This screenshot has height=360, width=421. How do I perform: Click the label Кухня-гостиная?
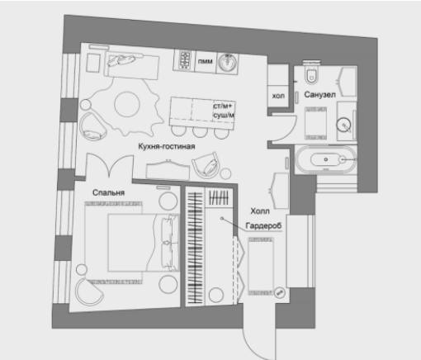coord(167,146)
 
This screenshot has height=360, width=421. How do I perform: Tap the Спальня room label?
coord(108,192)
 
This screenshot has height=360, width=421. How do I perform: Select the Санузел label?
coord(319,95)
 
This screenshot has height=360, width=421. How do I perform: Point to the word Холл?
coord(260,211)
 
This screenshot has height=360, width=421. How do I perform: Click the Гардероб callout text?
coord(263,225)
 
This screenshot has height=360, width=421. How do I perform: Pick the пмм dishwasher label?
coord(206,61)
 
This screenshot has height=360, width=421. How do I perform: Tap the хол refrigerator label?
coord(278,96)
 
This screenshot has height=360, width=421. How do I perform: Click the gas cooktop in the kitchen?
coord(185,60)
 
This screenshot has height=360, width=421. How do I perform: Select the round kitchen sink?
coord(227,63)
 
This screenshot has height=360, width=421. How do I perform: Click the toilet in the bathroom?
coord(312,72)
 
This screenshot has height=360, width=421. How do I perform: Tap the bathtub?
coord(325,159)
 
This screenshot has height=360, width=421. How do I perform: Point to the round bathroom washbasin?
coord(343,125)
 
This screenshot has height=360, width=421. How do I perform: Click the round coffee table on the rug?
coord(127,104)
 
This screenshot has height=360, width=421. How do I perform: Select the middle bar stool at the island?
coord(200,131)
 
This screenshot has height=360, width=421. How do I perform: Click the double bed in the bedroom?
coord(143,243)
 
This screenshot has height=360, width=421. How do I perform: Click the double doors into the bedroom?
coord(110,165)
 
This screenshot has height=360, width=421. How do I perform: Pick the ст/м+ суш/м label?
coord(223,111)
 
